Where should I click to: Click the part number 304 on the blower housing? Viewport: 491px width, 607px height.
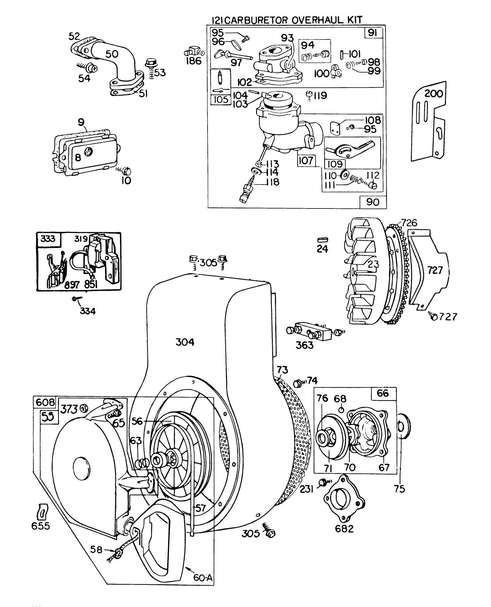click(x=185, y=342)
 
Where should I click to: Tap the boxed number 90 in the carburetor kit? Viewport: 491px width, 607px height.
click(x=373, y=202)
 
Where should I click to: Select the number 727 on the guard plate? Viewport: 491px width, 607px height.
click(x=435, y=270)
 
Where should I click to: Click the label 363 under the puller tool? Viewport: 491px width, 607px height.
click(x=304, y=345)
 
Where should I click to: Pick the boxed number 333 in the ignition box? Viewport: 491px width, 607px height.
click(x=48, y=239)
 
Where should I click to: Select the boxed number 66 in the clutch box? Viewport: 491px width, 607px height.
click(x=383, y=394)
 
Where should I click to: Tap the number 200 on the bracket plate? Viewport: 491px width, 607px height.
click(x=434, y=94)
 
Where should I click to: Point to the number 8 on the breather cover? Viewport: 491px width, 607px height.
click(x=78, y=157)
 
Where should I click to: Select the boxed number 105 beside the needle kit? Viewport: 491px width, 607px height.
click(x=221, y=100)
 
